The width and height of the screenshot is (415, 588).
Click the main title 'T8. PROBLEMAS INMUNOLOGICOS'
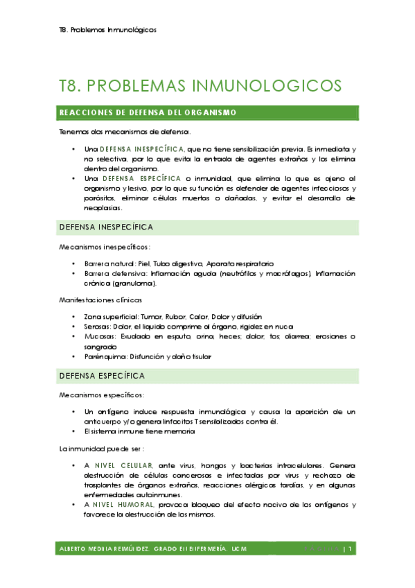point(200,85)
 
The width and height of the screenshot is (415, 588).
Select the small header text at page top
point(107,30)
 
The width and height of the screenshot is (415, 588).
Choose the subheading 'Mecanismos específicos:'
point(102,395)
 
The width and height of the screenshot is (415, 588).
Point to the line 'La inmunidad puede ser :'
point(101,449)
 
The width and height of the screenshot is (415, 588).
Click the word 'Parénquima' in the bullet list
point(102,356)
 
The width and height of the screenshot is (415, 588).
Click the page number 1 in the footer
point(352,549)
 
